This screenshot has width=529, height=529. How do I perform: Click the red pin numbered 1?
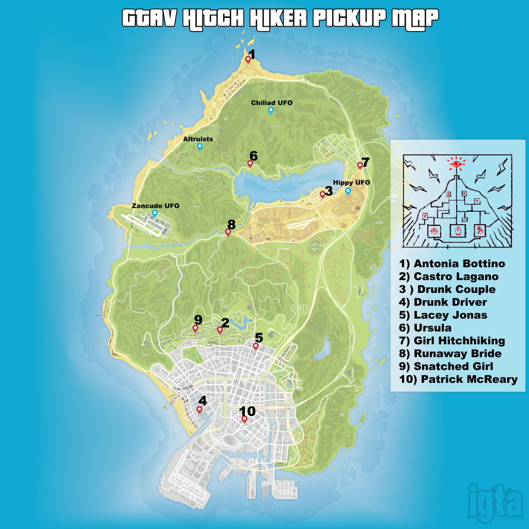pyautogui.click(x=248, y=59)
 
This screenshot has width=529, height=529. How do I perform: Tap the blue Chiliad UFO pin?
pyautogui.click(x=271, y=110)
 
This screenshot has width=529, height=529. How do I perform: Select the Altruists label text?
pyautogui.click(x=198, y=139)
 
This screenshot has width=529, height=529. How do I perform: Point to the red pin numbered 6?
pyautogui.click(x=250, y=164)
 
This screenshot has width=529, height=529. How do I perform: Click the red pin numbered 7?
pyautogui.click(x=360, y=165)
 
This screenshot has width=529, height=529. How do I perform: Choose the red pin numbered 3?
pyautogui.click(x=322, y=194)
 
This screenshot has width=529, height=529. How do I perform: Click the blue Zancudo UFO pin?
pyautogui.click(x=154, y=213)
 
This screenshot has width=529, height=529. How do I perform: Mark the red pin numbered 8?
pyautogui.click(x=228, y=232)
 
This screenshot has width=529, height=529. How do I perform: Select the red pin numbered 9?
pyautogui.click(x=195, y=328)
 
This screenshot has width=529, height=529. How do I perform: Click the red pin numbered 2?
pyautogui.click(x=220, y=329)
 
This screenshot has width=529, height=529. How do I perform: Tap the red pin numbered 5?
pyautogui.click(x=255, y=346)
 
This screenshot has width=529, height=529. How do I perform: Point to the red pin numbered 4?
pyautogui.click(x=199, y=410)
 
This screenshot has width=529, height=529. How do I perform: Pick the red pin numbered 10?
pyautogui.click(x=244, y=419)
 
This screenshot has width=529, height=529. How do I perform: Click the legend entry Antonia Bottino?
pyautogui.click(x=452, y=264)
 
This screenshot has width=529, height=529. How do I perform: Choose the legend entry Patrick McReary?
pyautogui.click(x=458, y=380)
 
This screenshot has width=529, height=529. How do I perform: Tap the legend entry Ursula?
pyautogui.click(x=425, y=328)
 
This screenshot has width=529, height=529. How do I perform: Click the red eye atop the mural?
pyautogui.click(x=456, y=164)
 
